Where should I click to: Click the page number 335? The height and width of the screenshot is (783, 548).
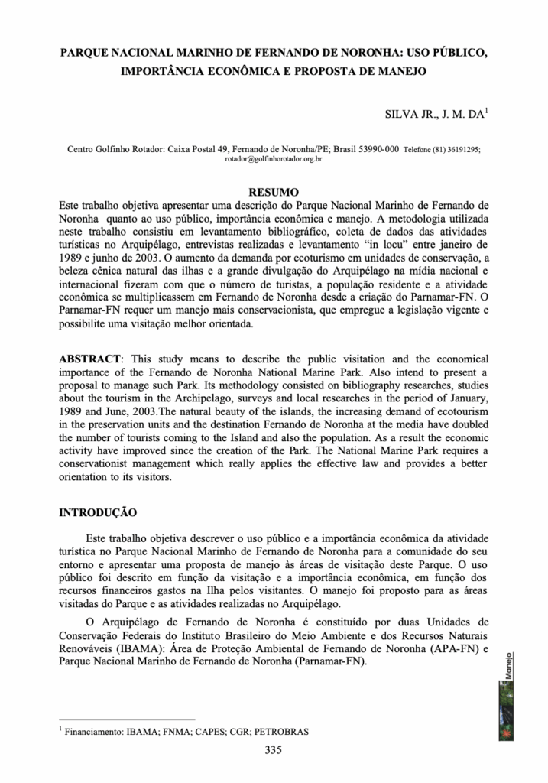point(274,750)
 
